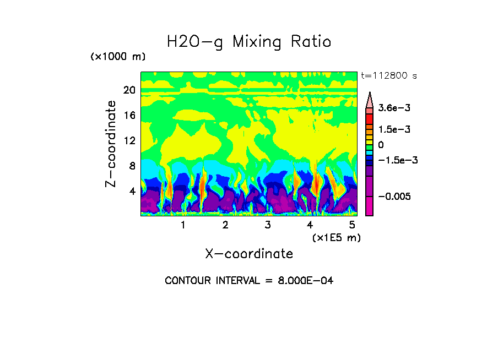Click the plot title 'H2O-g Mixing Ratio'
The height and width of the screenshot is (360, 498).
pos(249,42)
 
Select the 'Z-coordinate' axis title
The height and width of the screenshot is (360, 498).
pos(112,144)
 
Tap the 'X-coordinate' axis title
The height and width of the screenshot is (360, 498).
pos(249,254)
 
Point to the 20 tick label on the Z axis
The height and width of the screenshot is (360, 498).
pos(129,90)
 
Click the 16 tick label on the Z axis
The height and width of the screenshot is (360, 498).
pos(129,116)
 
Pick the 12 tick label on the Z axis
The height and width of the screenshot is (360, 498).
pos(129,141)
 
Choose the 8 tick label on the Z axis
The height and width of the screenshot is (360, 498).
pos(132,166)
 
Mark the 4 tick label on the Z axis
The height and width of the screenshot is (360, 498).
pos(132,192)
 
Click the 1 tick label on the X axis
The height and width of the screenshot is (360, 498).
pos(183,225)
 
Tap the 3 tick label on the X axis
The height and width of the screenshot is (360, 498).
pos(268,225)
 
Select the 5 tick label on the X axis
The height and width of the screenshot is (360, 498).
pos(352,225)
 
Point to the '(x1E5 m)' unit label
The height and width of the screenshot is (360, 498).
pos(336,238)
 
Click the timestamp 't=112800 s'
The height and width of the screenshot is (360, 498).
pos(388,76)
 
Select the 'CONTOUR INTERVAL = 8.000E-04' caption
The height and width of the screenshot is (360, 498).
pos(249,281)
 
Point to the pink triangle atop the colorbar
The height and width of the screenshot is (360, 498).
pos(369,100)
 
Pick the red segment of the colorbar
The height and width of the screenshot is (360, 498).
pos(369,119)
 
